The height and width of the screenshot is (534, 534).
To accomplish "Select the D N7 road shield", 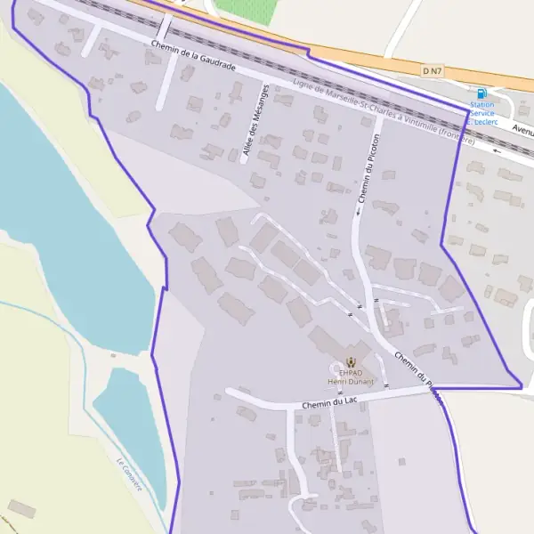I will (x=433, y=69).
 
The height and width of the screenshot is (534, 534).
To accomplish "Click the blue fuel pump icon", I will (x=481, y=93).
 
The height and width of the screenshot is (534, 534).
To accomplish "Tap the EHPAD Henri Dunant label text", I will (x=351, y=376).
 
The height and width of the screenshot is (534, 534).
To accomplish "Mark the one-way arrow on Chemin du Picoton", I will (x=360, y=212).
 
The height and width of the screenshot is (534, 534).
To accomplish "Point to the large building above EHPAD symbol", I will (x=331, y=342).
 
